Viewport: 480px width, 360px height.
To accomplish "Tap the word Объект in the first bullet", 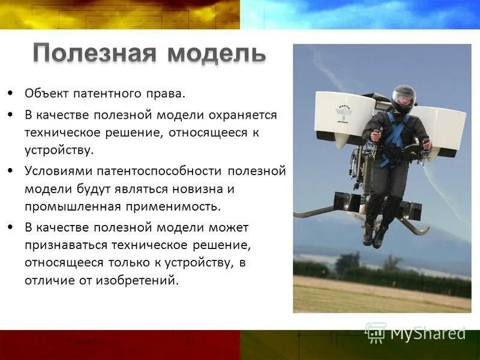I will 47,94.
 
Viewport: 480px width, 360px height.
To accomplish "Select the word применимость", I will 173,207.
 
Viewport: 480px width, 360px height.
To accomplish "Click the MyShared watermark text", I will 427,332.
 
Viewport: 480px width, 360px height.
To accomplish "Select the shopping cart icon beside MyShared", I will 376,332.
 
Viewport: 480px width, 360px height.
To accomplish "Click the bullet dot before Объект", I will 11,94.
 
